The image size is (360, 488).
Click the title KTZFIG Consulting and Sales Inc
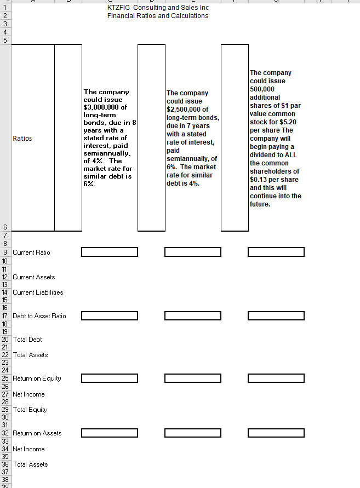tap(158, 8)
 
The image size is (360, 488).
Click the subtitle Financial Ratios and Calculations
tap(158, 16)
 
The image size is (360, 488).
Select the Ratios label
tap(22, 139)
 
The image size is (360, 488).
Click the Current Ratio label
tap(31, 252)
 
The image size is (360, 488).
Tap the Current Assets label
tap(34, 277)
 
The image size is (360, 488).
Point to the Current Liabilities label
tap(38, 292)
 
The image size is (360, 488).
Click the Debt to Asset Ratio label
tap(39, 316)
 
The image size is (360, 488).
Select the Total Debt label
tap(27, 340)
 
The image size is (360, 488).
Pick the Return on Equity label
tap(37, 378)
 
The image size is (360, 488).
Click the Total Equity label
tap(30, 410)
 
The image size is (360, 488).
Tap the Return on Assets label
tap(37, 433)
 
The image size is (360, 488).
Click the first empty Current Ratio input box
tap(109, 252)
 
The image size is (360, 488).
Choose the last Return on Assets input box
tap(276, 433)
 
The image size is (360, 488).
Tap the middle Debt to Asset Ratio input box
tap(192, 315)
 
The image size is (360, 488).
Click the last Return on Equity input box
tap(276, 378)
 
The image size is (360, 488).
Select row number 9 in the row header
tap(5, 252)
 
